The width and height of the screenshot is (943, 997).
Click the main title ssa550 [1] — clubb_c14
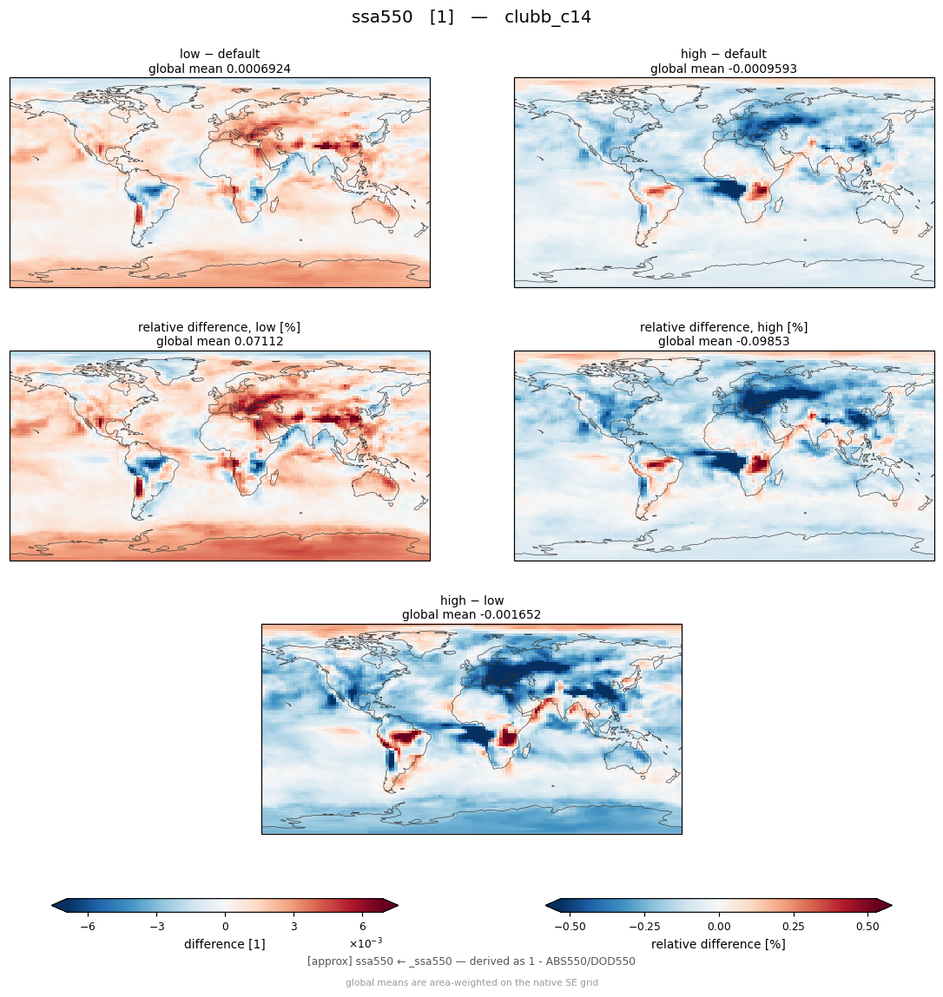click(x=471, y=17)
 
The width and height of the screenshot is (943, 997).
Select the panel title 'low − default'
click(x=220, y=54)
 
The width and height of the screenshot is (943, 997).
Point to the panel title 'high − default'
click(x=723, y=54)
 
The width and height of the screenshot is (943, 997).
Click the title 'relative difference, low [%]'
click(x=219, y=327)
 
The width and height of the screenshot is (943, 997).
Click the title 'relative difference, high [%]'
click(x=723, y=327)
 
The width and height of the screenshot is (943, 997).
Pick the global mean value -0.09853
click(x=760, y=342)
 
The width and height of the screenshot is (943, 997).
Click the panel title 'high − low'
click(x=471, y=600)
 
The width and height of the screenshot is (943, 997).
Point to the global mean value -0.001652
click(x=508, y=615)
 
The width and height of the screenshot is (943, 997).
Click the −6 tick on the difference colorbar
click(x=88, y=927)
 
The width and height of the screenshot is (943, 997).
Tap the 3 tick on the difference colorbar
click(x=294, y=927)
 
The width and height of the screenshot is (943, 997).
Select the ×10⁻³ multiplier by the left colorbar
click(x=366, y=942)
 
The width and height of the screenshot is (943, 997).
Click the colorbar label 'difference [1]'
click(x=225, y=944)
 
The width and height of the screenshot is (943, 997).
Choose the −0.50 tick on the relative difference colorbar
click(x=570, y=927)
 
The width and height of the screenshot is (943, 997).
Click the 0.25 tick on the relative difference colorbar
click(x=794, y=927)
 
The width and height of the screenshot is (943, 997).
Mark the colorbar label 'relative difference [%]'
click(x=718, y=944)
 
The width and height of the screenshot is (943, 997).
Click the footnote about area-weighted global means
click(x=471, y=982)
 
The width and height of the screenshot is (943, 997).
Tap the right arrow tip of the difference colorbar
click(x=399, y=905)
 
